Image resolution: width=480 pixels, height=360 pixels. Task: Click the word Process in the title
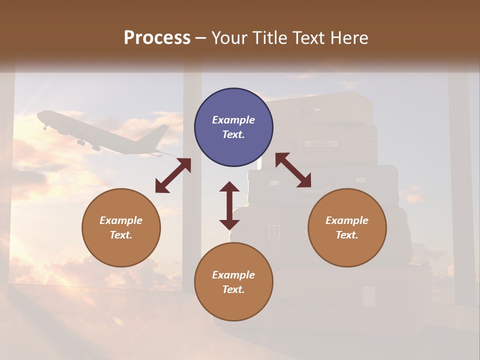coord(157,38)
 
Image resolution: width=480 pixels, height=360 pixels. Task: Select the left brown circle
coord(121,227)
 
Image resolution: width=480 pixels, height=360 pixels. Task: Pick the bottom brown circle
coord(233,282)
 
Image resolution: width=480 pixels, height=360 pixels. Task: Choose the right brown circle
coord(347,227)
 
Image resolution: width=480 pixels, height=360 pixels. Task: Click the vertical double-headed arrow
coord(229,205)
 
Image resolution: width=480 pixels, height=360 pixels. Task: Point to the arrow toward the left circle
coord(173,175)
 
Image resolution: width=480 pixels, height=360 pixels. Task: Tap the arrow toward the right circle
coord(293,170)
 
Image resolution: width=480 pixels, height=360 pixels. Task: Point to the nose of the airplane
coord(39,115)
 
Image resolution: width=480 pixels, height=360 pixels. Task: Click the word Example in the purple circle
coord(233,120)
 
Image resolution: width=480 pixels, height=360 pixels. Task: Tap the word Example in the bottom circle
coord(233,275)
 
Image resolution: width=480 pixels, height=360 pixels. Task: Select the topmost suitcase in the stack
coord(320,107)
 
